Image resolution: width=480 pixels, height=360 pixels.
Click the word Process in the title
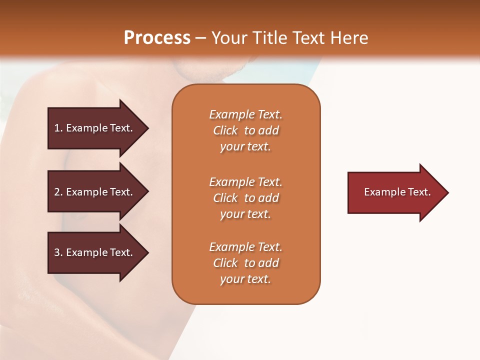point(157,38)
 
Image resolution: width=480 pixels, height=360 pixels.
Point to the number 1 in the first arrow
point(56,128)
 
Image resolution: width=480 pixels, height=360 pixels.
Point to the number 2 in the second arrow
point(56,192)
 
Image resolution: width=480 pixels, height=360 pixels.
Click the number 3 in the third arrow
point(56,252)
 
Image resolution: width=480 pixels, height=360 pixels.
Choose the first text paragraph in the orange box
point(245,130)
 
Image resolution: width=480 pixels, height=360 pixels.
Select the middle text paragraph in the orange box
point(245,198)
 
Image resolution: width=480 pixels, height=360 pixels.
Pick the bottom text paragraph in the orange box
point(245,263)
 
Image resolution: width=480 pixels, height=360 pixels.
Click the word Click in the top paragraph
point(225,130)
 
